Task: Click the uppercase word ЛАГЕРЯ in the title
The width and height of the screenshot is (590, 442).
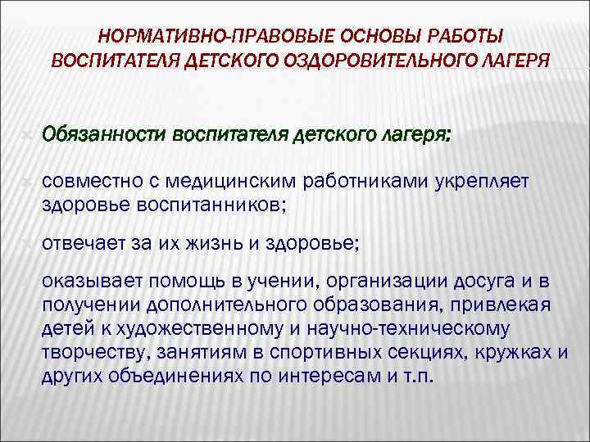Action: point(507,61)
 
